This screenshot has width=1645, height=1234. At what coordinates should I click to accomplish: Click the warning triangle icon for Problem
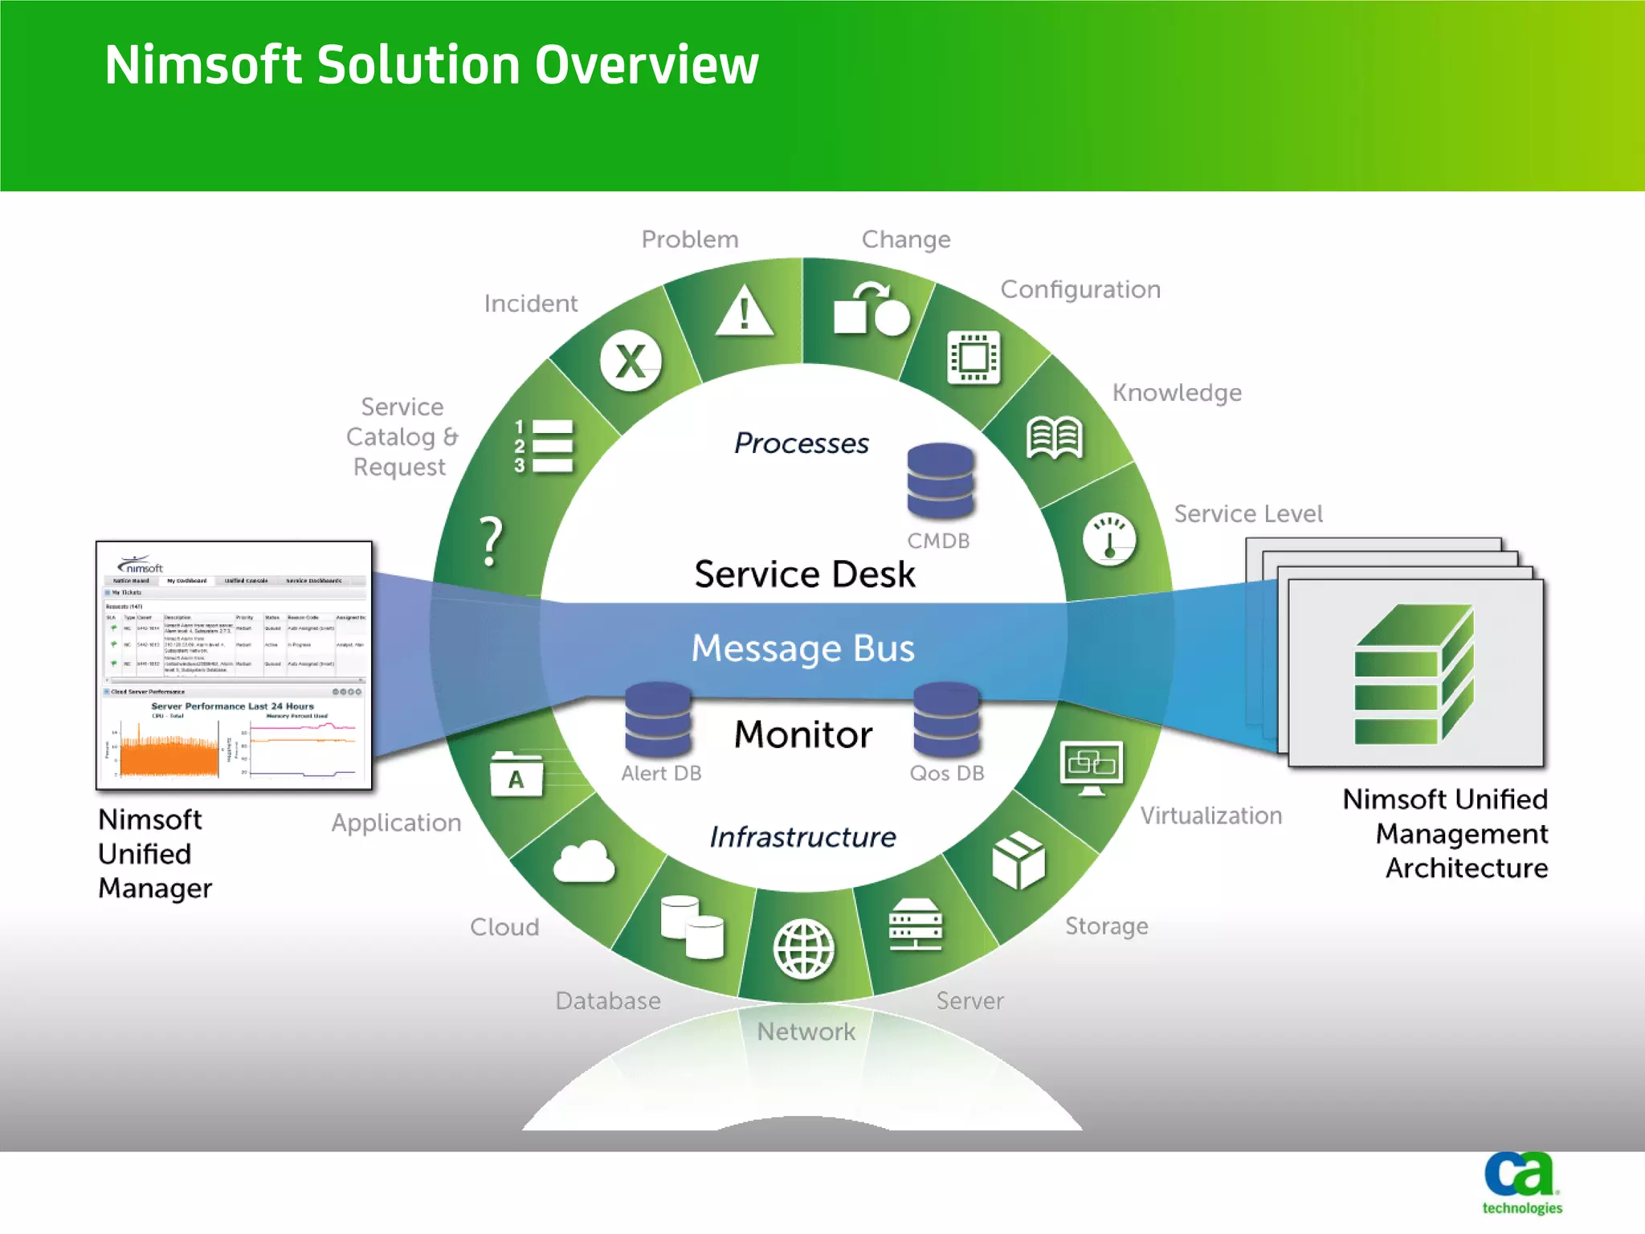point(745,312)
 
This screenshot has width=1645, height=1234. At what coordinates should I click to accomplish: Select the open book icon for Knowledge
point(1055,438)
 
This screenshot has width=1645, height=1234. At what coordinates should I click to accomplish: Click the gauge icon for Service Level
point(1109,539)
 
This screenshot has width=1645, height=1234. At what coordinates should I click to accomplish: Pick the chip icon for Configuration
point(974,357)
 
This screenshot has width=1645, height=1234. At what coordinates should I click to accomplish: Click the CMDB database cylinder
point(940,480)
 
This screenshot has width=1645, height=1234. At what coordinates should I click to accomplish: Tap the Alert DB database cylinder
point(658,719)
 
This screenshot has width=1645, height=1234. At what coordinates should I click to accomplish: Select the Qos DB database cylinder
point(946,719)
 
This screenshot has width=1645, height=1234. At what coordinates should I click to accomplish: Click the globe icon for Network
point(803,949)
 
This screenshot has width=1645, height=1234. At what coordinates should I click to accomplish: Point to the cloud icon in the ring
point(584,862)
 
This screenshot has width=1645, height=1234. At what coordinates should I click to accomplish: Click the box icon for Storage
point(1018,860)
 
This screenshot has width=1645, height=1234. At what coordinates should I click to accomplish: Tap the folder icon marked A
point(516,775)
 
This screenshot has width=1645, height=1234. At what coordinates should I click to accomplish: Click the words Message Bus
point(803,648)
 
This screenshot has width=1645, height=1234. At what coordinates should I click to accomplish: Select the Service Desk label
point(805,574)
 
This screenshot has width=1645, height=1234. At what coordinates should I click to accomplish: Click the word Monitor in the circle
point(803,734)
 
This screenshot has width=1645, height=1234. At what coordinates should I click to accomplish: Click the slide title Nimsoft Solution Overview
point(431,64)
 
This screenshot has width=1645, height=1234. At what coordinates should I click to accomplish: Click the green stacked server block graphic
point(1414,675)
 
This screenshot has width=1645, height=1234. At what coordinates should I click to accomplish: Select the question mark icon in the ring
point(491,541)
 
